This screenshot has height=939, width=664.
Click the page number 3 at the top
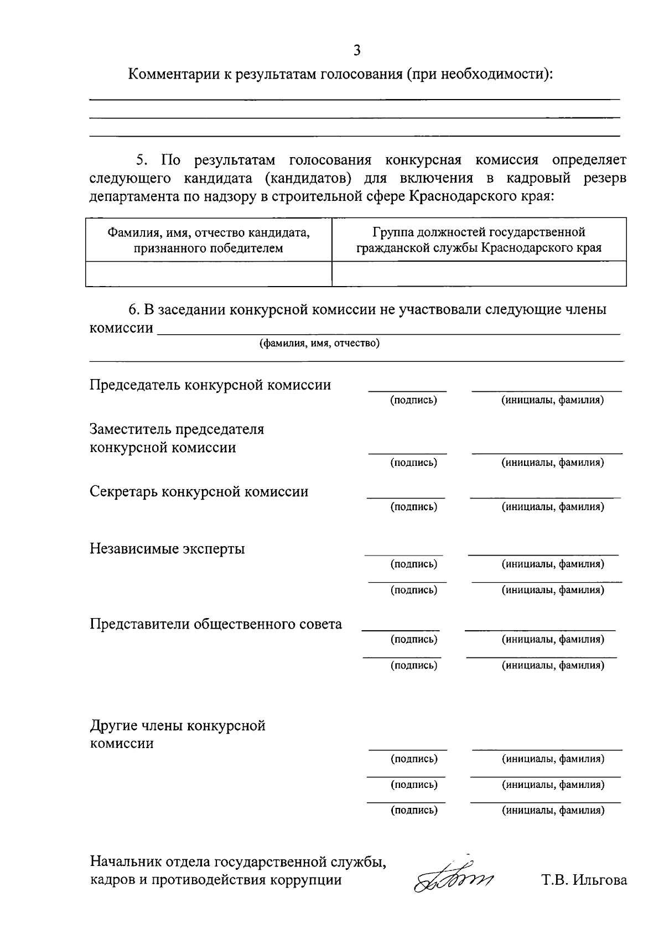point(357,50)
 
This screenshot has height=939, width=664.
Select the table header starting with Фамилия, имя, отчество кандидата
point(209,240)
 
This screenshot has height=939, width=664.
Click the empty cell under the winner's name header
point(209,273)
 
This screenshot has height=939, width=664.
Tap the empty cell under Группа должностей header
point(479,273)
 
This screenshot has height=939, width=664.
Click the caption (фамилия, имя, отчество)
point(319,344)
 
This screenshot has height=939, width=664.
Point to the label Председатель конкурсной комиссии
point(210,385)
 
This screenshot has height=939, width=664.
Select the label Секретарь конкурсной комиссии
point(199,492)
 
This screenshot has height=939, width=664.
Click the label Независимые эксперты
point(167,549)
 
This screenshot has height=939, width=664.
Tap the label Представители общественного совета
point(216,624)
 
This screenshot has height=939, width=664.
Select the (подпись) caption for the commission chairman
point(413,400)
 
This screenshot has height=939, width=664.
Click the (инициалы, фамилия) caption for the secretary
point(552,506)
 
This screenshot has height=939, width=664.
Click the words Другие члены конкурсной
point(178,725)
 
